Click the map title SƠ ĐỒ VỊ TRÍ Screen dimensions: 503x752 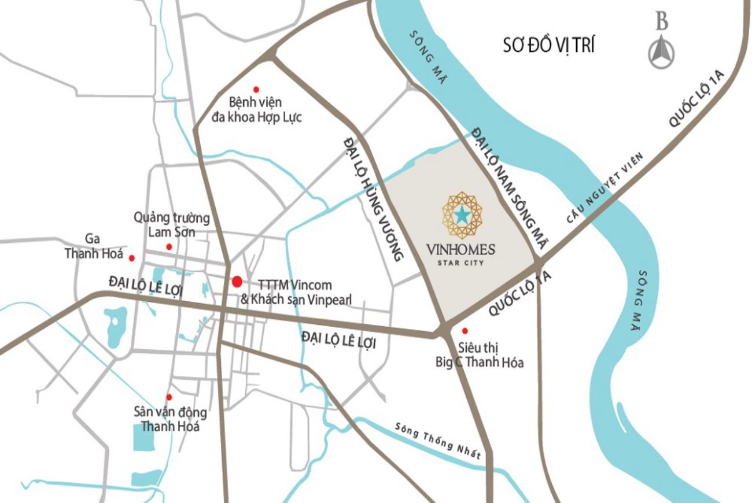tap(548, 46)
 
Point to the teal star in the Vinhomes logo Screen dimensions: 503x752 tap(462, 215)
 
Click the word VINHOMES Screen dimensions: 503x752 tap(462, 250)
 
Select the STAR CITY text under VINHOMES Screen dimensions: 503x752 tap(462, 262)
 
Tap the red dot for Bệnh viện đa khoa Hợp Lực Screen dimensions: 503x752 tap(256, 88)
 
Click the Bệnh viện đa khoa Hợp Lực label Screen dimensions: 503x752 tap(257, 110)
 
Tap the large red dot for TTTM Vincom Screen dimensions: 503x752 tap(237, 282)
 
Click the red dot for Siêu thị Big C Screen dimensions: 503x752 tap(465, 331)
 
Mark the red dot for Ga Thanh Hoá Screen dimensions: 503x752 tap(132, 258)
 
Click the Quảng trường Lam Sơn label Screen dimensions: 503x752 tap(171, 225)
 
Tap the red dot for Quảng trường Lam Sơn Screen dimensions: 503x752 tap(169, 247)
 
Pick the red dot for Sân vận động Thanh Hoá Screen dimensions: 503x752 tap(169, 397)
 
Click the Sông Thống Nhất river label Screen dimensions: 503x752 tap(438, 441)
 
